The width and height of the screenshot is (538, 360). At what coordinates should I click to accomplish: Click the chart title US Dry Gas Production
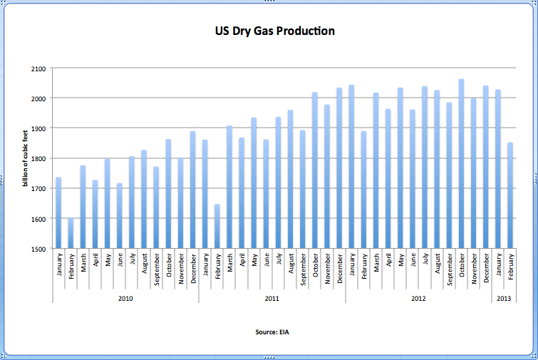click(x=275, y=31)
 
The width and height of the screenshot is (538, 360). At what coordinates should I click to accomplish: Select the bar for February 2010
click(x=71, y=234)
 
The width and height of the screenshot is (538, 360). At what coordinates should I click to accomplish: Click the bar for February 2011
click(x=217, y=227)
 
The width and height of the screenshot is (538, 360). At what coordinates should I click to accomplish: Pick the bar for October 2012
click(x=462, y=164)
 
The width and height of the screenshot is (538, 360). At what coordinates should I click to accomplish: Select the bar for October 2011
click(x=315, y=170)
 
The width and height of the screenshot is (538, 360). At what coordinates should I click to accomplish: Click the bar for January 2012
click(x=351, y=167)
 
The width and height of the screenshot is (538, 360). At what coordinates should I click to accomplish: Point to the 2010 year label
click(x=125, y=298)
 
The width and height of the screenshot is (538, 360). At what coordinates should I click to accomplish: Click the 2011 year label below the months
click(x=272, y=298)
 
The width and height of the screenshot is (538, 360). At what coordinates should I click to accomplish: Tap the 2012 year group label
click(x=419, y=298)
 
